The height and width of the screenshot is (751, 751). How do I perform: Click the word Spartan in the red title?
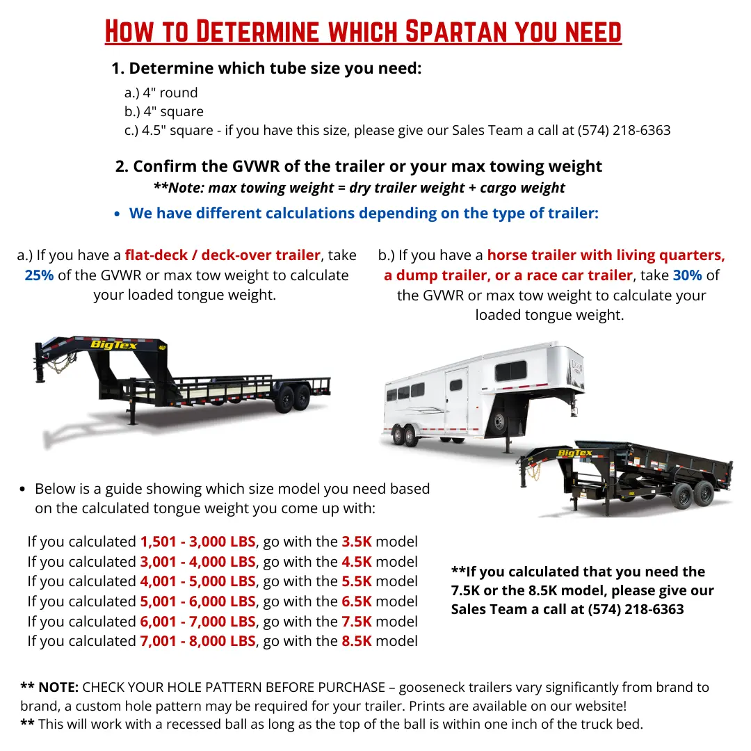455,32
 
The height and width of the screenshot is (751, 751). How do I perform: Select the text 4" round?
170,92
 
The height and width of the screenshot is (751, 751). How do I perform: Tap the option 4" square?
173,111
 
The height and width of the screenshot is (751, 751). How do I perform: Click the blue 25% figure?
39,275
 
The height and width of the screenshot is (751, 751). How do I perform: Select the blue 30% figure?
687,275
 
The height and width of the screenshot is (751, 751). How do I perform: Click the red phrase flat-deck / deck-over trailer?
223,255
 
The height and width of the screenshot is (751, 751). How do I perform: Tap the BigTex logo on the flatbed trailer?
113,345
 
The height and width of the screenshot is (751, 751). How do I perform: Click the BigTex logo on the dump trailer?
575,453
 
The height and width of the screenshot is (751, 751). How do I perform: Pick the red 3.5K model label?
356,542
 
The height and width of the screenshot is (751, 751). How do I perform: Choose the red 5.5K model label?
356,581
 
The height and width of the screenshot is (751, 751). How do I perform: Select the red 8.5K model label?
356,641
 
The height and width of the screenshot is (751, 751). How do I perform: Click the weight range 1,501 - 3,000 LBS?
197,542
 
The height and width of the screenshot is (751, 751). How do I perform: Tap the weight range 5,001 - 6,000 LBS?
197,601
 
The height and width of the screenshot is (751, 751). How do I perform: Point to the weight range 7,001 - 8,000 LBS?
197,641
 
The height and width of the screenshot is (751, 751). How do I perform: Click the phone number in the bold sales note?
636,609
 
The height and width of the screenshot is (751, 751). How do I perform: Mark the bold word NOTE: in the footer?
58,688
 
